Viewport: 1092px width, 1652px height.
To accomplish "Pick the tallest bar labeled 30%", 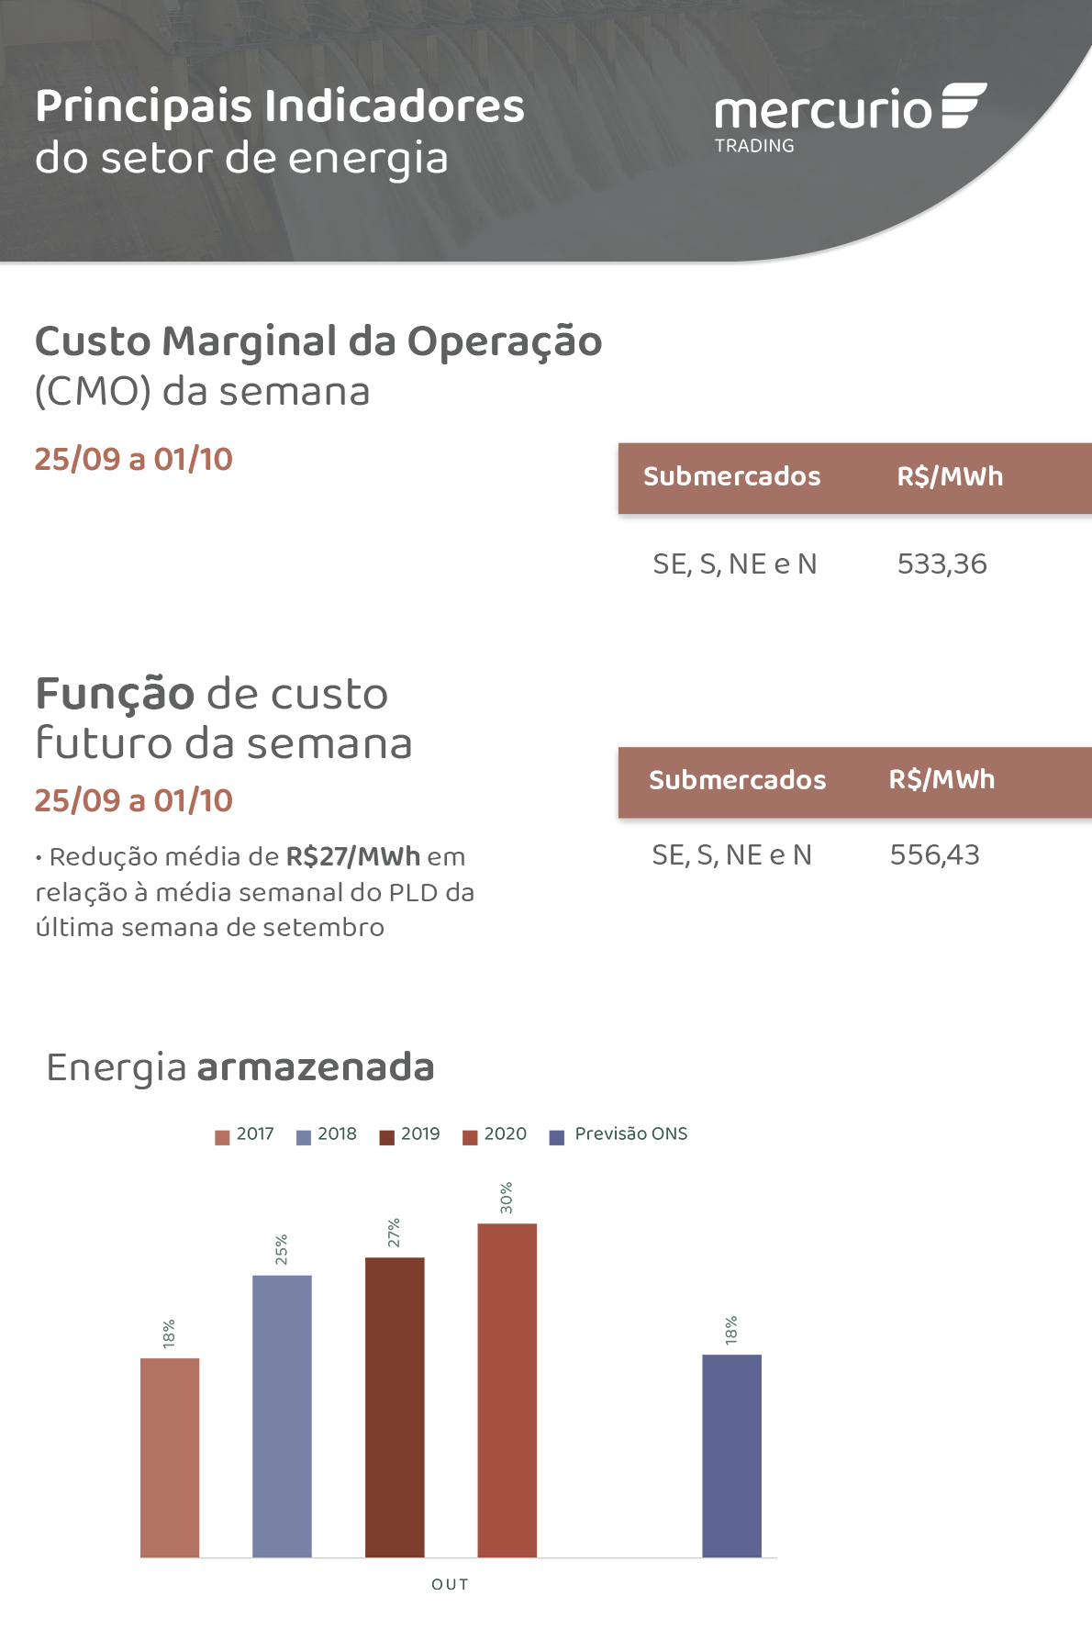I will (507, 1390).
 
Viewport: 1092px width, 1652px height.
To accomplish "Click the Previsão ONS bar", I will (731, 1456).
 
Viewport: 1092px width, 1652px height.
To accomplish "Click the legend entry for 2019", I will (410, 1134).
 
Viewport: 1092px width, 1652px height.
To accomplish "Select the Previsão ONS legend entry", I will (619, 1134).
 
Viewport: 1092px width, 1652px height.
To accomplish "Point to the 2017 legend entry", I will (245, 1134).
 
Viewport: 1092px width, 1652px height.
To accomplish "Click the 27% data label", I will (394, 1233).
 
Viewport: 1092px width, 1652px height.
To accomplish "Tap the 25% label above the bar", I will (282, 1249).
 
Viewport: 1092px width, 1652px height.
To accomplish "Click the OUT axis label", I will (450, 1584).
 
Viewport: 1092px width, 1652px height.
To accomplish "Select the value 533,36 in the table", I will (942, 564).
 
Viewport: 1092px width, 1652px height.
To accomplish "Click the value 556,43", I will (934, 855).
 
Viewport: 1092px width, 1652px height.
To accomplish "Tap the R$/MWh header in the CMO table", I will (950, 476).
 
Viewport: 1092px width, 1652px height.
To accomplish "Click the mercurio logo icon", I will (963, 106).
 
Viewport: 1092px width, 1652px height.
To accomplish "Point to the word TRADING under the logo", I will (754, 146).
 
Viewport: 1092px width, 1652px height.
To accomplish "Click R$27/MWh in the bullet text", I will (353, 857).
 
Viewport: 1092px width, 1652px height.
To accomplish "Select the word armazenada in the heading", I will (315, 1067).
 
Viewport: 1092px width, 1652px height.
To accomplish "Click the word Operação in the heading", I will (505, 342).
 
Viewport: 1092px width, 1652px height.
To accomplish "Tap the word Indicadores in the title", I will (395, 106).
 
